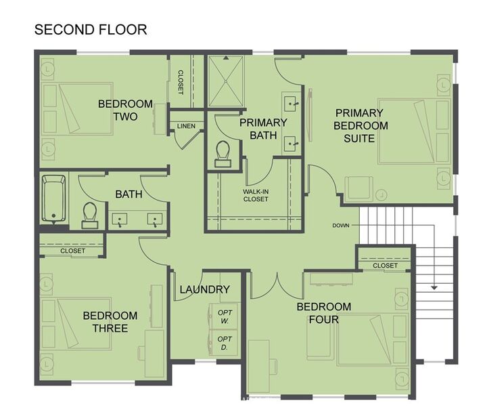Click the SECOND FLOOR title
pyautogui.click(x=91, y=30)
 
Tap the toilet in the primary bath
pyautogui.click(x=223, y=154)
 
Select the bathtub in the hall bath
pyautogui.click(x=53, y=198)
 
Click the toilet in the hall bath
pyautogui.click(x=90, y=215)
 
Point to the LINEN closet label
pyautogui.click(x=186, y=126)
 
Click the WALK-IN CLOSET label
pyautogui.click(x=256, y=195)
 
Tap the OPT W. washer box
pyautogui.click(x=225, y=316)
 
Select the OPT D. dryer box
pyautogui.click(x=225, y=343)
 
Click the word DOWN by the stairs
pyautogui.click(x=341, y=226)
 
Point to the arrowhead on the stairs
pyautogui.click(x=434, y=288)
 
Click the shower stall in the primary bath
pyautogui.click(x=226, y=81)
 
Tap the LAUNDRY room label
pyautogui.click(x=205, y=289)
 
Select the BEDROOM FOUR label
pyautogui.click(x=324, y=313)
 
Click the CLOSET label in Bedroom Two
pyautogui.click(x=181, y=82)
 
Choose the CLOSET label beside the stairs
pyautogui.click(x=385, y=266)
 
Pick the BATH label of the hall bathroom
pyautogui.click(x=129, y=194)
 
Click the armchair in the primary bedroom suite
pyautogui.click(x=359, y=188)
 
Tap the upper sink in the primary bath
pyautogui.click(x=292, y=102)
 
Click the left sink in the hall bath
pyautogui.click(x=120, y=220)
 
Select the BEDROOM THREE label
pyautogui.click(x=110, y=322)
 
